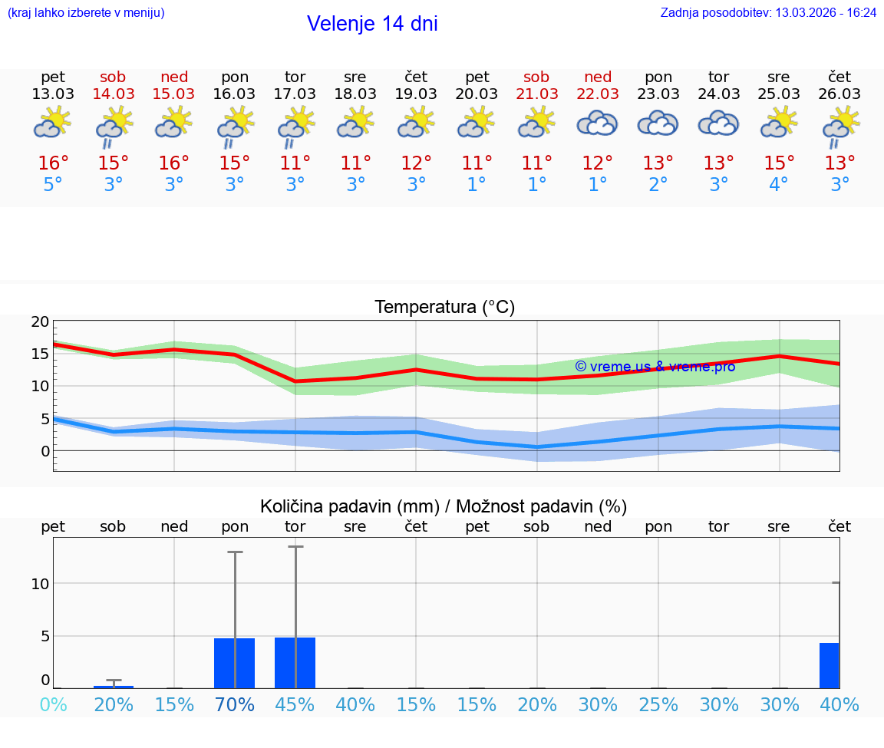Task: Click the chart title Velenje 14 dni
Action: [372, 24]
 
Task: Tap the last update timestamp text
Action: [768, 13]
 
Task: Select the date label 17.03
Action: [295, 94]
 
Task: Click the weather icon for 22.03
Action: [597, 124]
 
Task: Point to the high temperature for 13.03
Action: [53, 163]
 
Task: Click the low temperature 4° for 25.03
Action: [779, 185]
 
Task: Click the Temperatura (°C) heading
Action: [444, 308]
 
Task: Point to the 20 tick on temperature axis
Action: [41, 321]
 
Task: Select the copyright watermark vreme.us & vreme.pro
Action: [655, 367]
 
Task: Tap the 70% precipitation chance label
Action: [235, 705]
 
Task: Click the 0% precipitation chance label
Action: [53, 705]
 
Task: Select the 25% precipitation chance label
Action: [658, 705]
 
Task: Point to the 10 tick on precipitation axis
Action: [41, 584]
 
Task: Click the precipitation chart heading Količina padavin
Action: [444, 506]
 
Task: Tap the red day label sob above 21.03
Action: [536, 77]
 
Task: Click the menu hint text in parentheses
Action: [86, 13]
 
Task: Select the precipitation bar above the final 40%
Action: [829, 665]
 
